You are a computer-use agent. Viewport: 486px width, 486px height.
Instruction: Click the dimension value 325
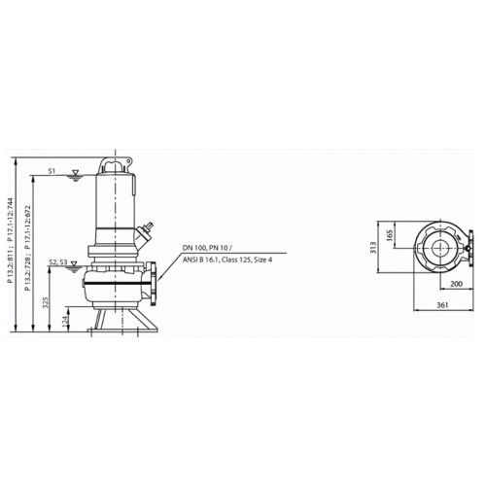(46, 302)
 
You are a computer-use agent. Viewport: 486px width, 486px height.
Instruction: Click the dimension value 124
(65, 321)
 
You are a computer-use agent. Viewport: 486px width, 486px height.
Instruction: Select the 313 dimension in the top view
(373, 248)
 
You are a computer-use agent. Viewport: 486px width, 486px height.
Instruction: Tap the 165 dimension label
(390, 235)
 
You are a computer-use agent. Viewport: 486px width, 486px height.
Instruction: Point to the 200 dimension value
(457, 284)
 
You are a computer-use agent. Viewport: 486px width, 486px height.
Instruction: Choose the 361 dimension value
(442, 305)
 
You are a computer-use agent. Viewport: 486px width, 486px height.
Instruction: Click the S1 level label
(52, 171)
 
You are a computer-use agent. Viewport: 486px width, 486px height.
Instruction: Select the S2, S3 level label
(58, 261)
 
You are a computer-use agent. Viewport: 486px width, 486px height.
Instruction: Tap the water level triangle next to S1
(75, 172)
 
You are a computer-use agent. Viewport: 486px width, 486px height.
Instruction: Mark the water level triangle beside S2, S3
(75, 263)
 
